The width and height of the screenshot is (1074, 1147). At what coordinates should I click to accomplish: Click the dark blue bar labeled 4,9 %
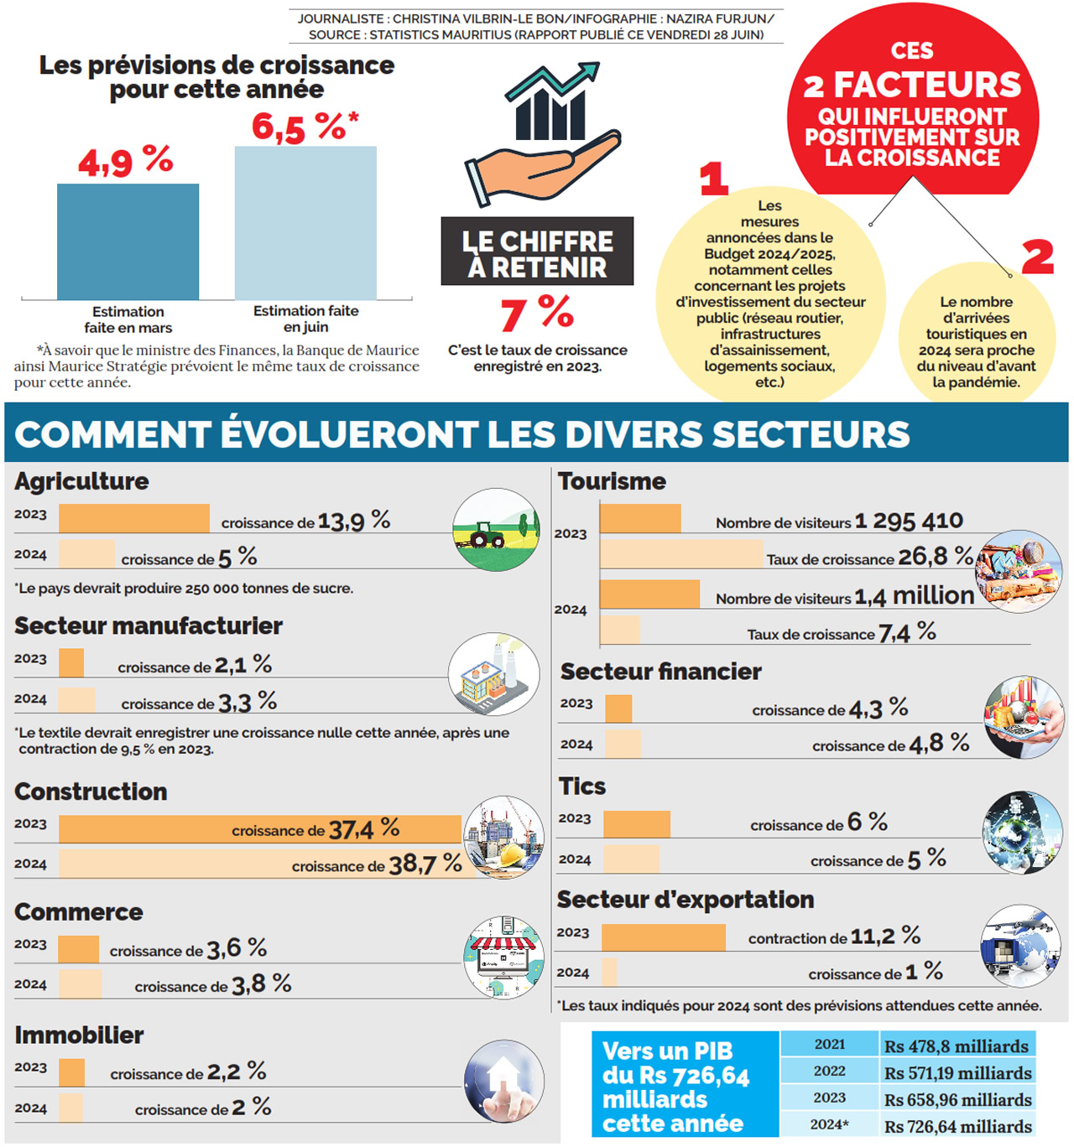click(128, 241)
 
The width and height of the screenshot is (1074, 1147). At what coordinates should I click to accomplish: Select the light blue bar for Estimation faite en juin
click(305, 222)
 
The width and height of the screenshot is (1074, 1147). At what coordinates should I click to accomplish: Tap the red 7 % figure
click(537, 314)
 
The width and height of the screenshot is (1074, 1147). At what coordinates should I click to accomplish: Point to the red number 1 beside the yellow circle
click(713, 179)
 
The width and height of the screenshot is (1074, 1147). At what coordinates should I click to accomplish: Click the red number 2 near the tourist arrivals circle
click(1037, 257)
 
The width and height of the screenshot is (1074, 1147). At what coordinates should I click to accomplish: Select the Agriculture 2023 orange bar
click(134, 518)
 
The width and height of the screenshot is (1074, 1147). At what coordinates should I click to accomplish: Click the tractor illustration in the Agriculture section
click(496, 530)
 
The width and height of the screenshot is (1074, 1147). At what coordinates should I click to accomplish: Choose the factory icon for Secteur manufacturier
click(493, 674)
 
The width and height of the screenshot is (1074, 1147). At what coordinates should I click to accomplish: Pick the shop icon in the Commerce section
click(503, 957)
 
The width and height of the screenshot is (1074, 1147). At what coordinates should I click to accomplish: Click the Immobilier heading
click(79, 1035)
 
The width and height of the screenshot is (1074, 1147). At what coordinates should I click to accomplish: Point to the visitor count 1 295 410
click(909, 522)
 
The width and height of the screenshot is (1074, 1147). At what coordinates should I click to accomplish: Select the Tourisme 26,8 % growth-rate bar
click(681, 554)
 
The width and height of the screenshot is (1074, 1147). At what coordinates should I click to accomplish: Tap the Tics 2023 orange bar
click(637, 824)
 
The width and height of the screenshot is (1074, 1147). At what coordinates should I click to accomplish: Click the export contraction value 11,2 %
click(885, 936)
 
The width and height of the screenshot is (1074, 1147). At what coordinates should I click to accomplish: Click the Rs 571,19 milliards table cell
click(957, 1072)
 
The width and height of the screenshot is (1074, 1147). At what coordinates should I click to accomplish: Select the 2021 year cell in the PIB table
click(829, 1045)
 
